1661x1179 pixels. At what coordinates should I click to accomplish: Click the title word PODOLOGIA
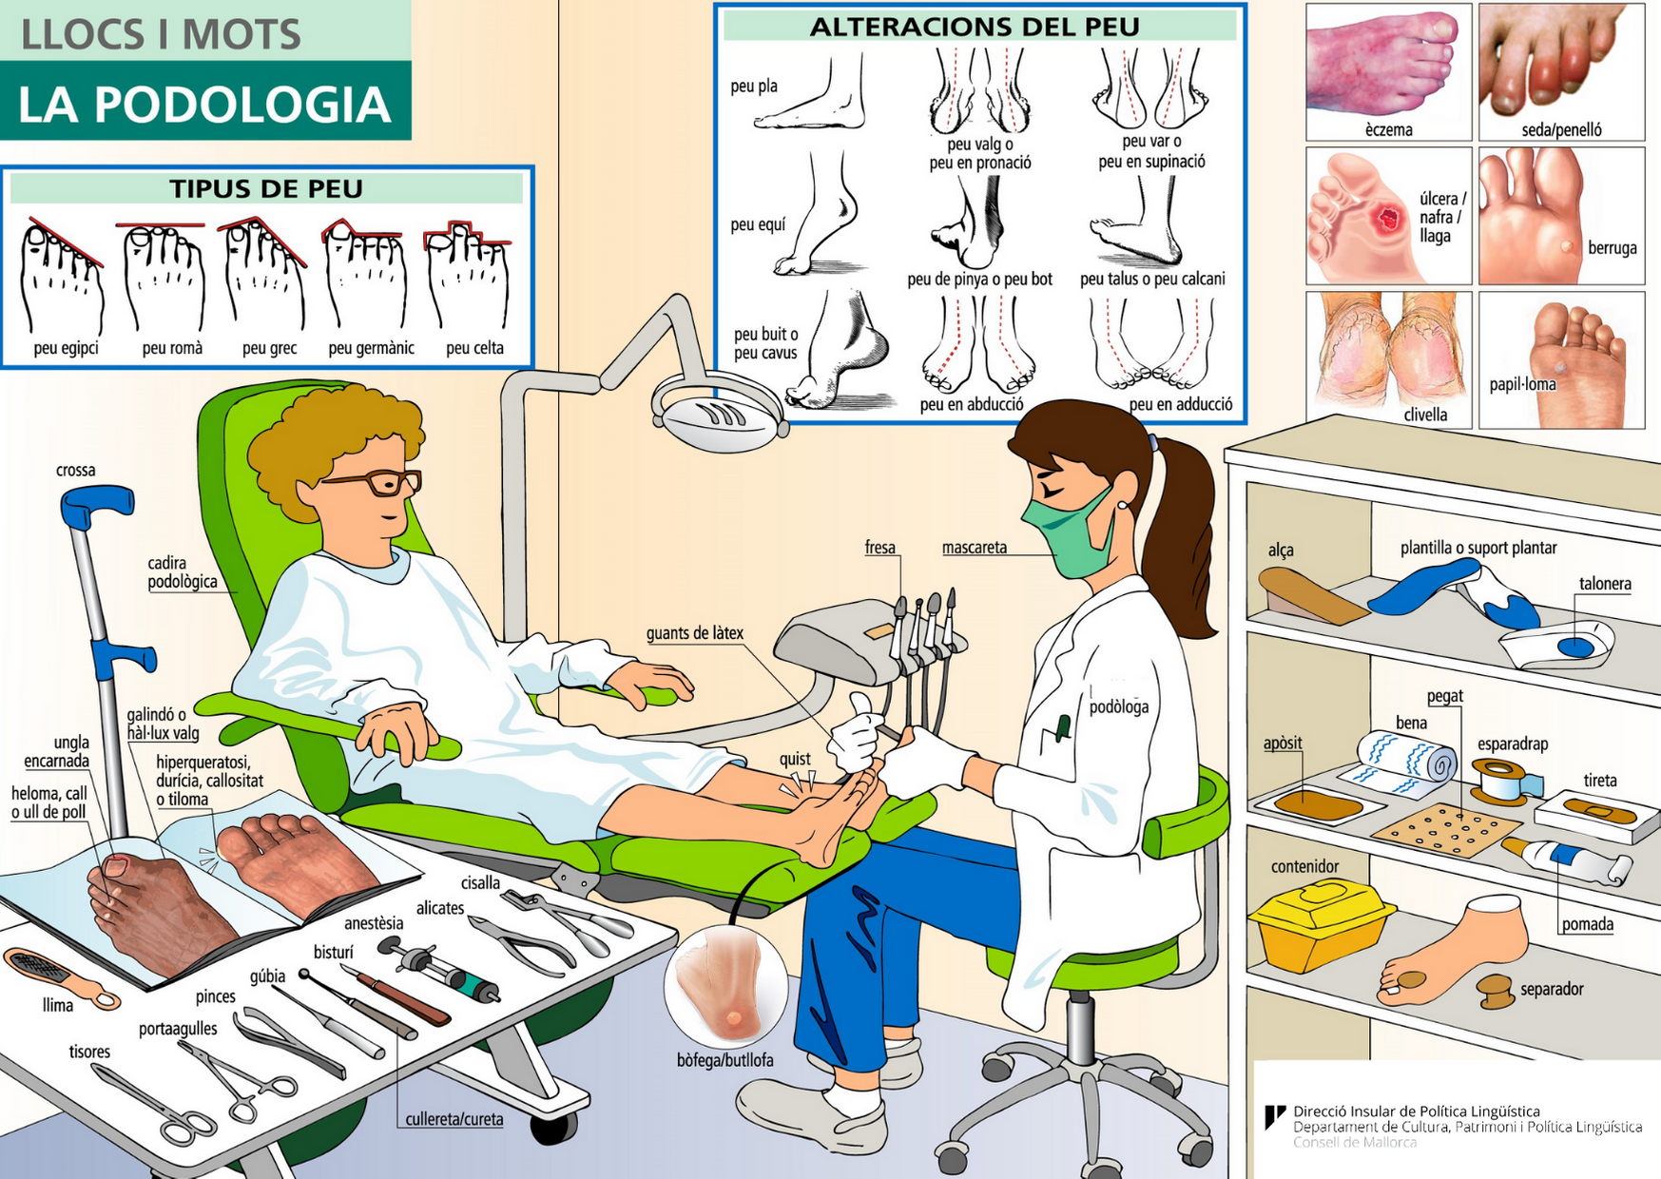click(x=203, y=104)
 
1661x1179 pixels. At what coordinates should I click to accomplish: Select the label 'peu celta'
click(x=474, y=348)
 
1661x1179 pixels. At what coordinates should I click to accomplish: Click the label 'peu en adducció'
click(x=1180, y=404)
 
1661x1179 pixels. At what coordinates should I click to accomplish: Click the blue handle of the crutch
click(x=95, y=505)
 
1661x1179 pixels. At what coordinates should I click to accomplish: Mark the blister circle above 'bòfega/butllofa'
click(x=726, y=985)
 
